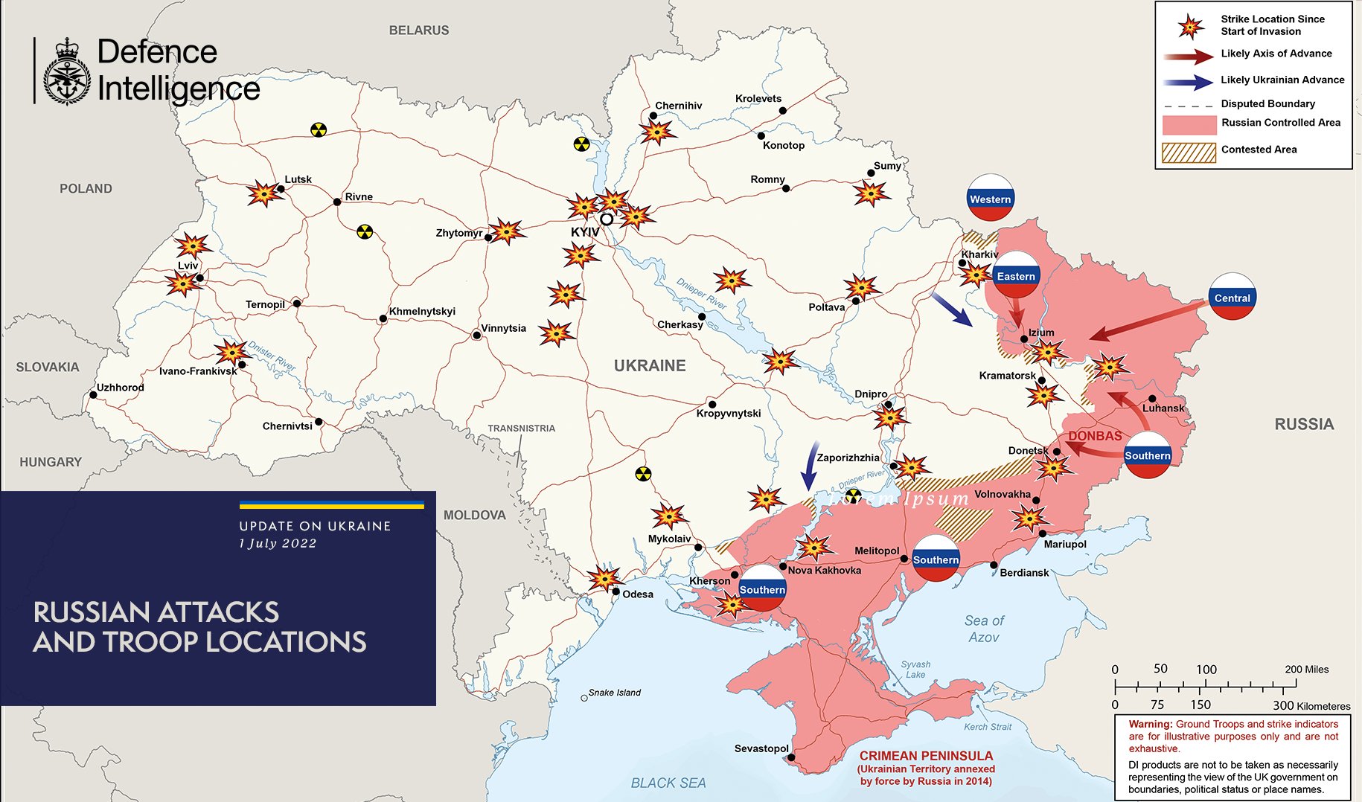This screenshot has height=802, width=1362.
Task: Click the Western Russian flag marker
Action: pos(990,198)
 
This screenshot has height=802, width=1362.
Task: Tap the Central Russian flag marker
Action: pos(1232,298)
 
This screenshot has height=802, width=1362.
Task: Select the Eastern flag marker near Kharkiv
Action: pos(1016,275)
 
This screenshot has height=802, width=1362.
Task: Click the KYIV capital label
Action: pos(585,233)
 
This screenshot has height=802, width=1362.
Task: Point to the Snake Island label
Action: pos(614,693)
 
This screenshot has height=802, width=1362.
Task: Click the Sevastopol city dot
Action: pos(791,758)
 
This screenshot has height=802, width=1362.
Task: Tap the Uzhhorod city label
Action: pos(121,388)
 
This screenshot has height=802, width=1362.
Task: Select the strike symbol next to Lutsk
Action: pos(263,194)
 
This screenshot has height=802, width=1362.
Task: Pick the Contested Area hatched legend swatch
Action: pos(1189,152)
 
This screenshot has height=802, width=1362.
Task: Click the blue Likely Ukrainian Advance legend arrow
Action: pos(1189,82)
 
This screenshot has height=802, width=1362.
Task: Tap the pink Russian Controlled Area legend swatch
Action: pos(1189,124)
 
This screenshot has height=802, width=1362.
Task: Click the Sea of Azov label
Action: pos(984,629)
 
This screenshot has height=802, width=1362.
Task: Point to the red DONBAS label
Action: pos(1095,436)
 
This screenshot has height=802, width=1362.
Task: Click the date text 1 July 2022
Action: pos(278,544)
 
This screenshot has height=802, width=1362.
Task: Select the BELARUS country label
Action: pos(419,31)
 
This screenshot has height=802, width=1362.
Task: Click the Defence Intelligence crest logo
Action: pos(67,72)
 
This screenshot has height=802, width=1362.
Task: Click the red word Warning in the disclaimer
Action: pos(1150,724)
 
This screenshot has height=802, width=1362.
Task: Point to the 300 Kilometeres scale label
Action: pos(1311,705)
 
